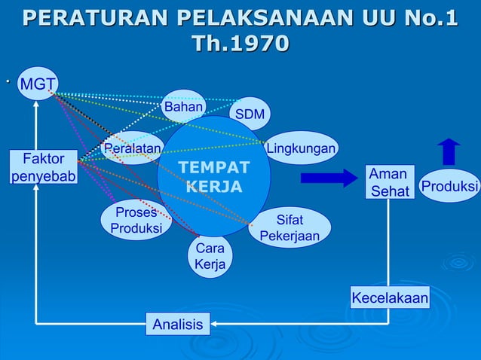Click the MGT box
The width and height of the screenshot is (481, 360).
click(34, 84)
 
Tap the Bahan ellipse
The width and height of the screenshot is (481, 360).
click(184, 107)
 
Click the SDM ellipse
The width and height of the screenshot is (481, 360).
click(250, 114)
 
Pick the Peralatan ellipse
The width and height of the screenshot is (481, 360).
click(132, 148)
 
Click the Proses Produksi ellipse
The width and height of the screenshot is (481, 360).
click(136, 220)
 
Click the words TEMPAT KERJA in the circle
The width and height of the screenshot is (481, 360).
click(213, 176)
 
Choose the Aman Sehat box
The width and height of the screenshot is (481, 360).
click(390, 182)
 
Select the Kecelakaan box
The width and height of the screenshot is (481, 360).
click(390, 298)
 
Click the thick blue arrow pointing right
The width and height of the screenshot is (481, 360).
click(328, 178)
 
